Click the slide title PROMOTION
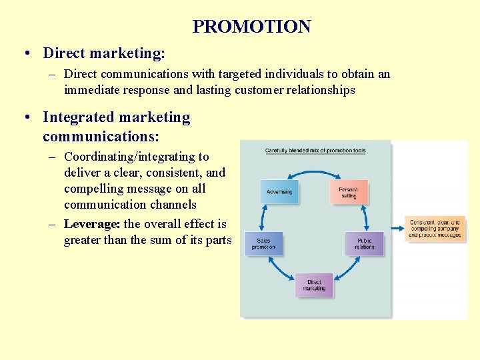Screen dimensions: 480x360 (x=251, y=27)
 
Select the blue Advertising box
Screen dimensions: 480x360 (x=279, y=192)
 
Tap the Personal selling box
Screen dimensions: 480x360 (x=348, y=192)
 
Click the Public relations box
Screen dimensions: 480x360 (x=364, y=243)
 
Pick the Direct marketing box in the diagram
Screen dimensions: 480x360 (x=314, y=285)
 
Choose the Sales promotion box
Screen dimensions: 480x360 (x=263, y=243)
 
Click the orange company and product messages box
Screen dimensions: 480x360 (x=435, y=229)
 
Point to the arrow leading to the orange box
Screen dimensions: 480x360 (x=398, y=229)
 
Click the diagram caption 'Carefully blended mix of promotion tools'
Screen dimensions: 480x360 (x=315, y=151)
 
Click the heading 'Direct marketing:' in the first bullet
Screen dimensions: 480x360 (x=104, y=52)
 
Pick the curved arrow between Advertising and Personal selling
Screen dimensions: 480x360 (x=313, y=173)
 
